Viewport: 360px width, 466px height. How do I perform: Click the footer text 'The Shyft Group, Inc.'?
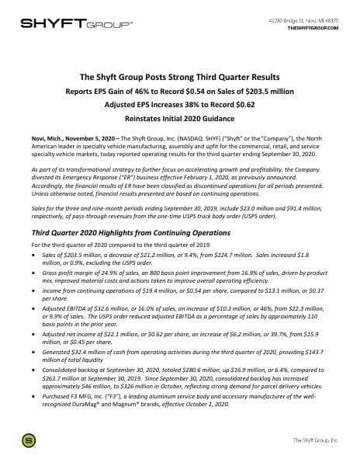click(x=314, y=440)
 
